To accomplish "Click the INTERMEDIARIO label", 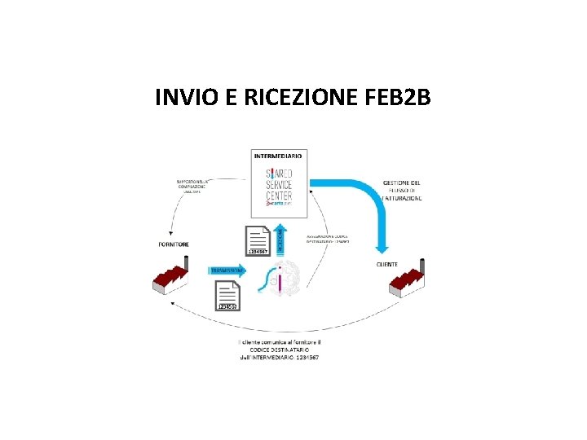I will tap(278, 155).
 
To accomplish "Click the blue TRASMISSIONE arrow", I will tap(229, 270).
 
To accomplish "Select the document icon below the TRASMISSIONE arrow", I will tap(227, 296).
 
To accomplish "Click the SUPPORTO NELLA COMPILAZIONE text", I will tap(192, 186).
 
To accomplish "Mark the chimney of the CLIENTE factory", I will tap(424, 266).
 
